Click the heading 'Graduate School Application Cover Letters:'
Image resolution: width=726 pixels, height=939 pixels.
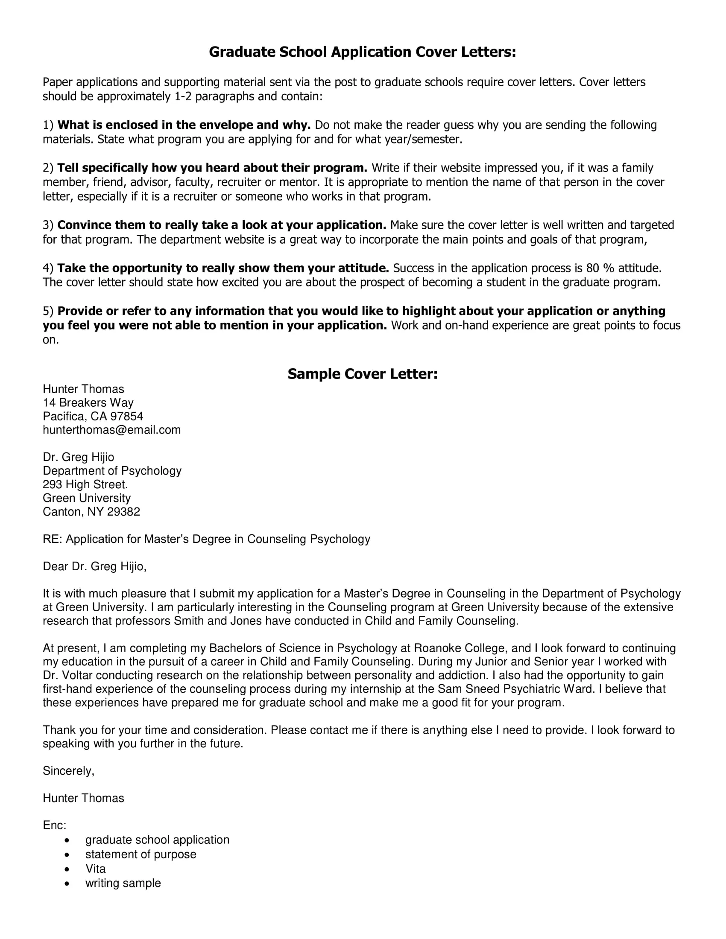362,52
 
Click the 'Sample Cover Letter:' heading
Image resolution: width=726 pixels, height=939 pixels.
362,374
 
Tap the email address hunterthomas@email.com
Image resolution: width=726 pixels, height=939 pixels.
111,430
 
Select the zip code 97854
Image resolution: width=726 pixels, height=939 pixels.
126,416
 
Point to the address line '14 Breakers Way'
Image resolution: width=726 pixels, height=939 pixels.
88,402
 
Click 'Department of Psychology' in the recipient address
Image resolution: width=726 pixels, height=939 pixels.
112,471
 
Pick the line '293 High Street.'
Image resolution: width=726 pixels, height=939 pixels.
85,484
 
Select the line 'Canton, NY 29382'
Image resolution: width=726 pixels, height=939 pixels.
91,512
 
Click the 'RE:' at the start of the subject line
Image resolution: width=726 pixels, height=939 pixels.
52,539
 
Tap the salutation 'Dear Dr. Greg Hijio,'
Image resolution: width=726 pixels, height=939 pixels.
94,566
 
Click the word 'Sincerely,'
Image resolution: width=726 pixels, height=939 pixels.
68,771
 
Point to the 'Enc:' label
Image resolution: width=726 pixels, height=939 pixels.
54,825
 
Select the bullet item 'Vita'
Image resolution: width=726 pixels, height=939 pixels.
95,869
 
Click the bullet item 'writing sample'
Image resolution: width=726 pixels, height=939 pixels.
123,883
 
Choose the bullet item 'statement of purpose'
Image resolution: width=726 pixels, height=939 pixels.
140,854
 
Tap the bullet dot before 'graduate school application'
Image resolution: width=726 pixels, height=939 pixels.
67,840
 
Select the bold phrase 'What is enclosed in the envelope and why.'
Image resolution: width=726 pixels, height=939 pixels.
184,125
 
